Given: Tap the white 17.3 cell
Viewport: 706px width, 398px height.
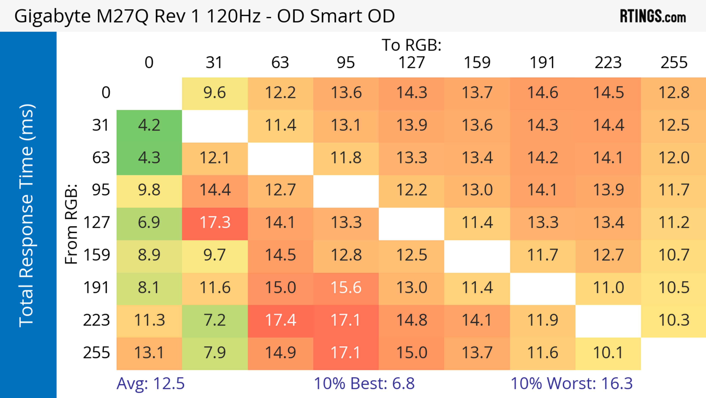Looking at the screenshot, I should [215, 222].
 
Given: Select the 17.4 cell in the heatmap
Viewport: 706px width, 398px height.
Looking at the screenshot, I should [280, 320].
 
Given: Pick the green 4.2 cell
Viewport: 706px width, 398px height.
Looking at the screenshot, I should [149, 125].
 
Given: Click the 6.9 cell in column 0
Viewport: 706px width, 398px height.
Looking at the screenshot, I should [149, 222].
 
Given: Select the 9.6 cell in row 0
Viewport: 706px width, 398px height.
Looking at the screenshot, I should [215, 93].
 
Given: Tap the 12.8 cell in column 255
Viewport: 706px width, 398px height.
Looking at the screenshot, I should [674, 93].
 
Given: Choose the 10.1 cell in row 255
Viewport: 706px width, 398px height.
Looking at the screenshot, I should [608, 353].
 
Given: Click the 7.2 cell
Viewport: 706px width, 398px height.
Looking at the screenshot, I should [215, 320].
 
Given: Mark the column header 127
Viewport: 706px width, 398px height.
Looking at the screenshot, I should [411, 63].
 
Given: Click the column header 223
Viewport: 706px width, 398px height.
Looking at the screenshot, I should [608, 63].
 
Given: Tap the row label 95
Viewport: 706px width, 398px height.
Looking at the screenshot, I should [101, 190].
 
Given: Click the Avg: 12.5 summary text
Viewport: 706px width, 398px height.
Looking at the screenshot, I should [150, 383].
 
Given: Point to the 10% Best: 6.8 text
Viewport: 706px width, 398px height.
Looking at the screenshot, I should [364, 383].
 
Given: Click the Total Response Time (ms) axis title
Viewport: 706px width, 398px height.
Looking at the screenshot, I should [27, 215].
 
